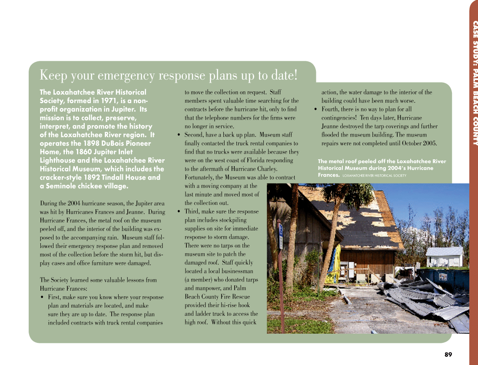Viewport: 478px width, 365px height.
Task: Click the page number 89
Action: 448,355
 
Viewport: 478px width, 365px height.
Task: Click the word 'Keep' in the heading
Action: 54,75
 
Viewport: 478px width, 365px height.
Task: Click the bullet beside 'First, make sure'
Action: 42,298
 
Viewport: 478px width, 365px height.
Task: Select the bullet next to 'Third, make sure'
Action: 179,212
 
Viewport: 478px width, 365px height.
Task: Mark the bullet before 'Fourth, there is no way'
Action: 316,110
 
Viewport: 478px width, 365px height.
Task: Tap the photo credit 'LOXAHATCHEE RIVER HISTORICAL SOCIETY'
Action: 374,176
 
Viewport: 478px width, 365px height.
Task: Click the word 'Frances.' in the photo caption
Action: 329,175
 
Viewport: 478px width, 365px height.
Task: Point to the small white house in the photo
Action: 444,256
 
